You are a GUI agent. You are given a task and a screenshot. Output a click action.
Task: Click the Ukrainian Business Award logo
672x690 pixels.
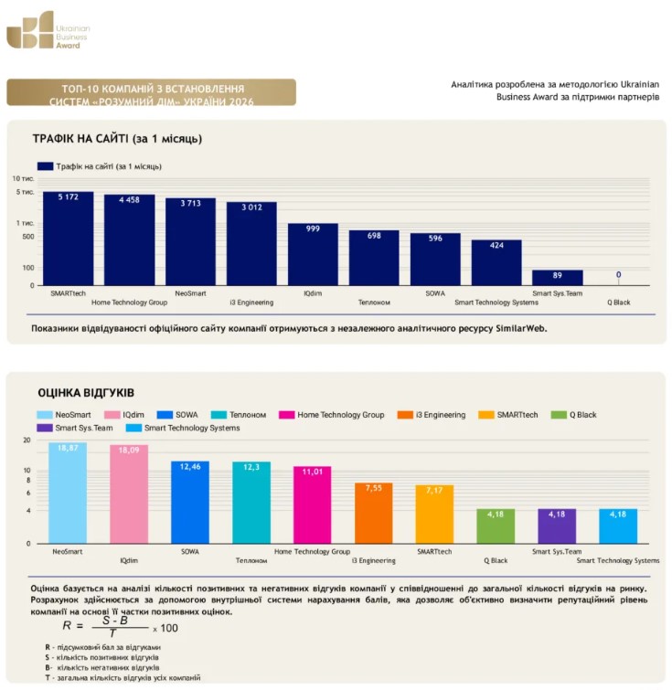tap(48, 30)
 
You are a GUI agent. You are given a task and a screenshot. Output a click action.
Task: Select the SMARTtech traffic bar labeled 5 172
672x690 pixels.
tap(69, 239)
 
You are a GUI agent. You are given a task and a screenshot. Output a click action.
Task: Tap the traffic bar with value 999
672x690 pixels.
tap(313, 254)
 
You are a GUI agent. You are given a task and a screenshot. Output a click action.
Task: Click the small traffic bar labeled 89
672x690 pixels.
tap(558, 278)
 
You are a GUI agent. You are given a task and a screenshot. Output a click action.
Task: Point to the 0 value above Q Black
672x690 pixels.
tap(619, 274)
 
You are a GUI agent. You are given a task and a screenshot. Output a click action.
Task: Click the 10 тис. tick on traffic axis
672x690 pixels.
tap(24, 178)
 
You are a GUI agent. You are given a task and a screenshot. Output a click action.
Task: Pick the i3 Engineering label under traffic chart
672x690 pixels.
tap(251, 303)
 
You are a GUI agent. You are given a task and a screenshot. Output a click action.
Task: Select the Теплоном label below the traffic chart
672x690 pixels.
tap(374, 303)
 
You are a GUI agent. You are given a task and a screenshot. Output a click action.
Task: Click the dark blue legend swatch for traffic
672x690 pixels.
tap(46, 166)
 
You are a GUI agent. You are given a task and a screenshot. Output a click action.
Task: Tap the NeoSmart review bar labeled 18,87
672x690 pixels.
tap(68, 493)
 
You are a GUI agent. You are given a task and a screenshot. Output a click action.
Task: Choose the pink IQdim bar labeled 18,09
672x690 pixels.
tap(129, 494)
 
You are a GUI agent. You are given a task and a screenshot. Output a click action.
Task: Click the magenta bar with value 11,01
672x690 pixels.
tap(312, 504)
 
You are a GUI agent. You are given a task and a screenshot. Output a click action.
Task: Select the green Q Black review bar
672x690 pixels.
tap(496, 526)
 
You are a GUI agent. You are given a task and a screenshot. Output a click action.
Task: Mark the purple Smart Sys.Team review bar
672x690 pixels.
tap(557, 526)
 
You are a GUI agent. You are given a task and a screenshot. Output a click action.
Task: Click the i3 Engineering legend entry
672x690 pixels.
tap(432, 415)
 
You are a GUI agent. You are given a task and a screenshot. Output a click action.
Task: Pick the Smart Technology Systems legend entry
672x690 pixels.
tap(183, 428)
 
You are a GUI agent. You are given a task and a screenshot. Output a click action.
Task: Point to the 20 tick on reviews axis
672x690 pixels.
tap(27, 441)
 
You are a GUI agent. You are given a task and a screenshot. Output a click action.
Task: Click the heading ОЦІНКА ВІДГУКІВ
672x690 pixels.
tap(86, 393)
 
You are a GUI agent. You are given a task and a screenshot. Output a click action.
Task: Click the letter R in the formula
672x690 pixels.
tap(67, 625)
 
